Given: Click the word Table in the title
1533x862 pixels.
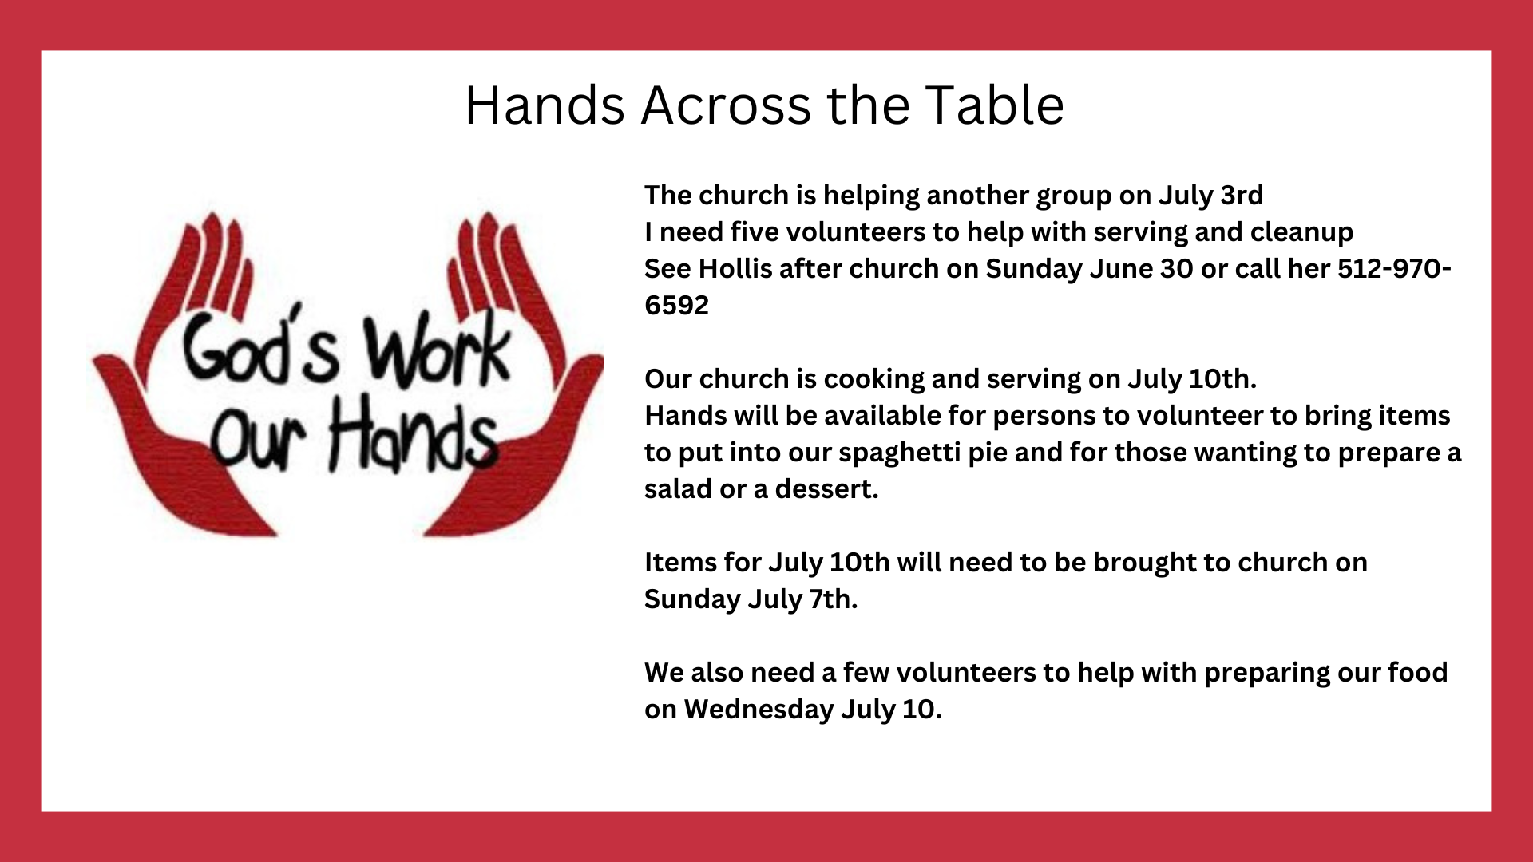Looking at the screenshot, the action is click(994, 105).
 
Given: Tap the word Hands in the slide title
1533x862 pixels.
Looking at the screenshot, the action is click(545, 105).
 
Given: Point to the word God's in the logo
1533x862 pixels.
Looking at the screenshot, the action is click(260, 347).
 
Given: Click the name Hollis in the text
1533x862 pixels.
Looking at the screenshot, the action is click(735, 269).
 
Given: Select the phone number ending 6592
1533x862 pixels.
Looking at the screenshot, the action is click(1048, 287).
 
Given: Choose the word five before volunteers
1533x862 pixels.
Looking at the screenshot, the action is click(755, 232).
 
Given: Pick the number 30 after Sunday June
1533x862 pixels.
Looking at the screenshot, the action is click(1177, 269).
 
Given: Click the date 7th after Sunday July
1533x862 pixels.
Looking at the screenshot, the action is click(834, 599).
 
